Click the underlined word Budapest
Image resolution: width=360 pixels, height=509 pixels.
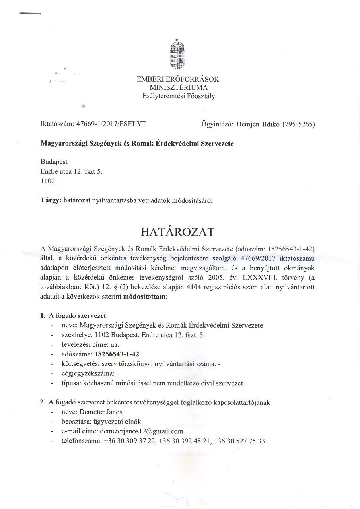54,162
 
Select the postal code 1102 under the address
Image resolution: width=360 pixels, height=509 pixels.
48,181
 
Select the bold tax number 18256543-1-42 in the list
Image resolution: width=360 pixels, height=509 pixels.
117,354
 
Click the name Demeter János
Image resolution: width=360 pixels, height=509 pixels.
101,412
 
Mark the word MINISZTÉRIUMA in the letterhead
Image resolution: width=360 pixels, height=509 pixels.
178,87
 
